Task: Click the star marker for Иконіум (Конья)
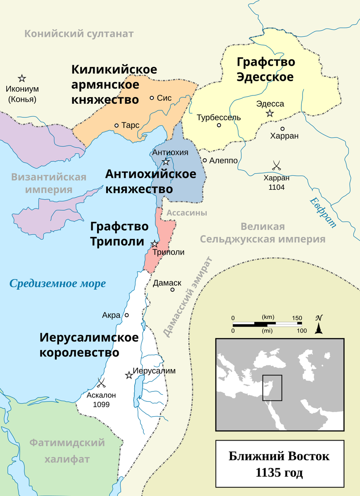pos(22,78)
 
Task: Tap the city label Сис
pos(164,98)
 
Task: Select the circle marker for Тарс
pos(117,125)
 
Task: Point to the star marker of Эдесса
pos(270,113)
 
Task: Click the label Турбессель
pos(219,117)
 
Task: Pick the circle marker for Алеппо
pos(205,160)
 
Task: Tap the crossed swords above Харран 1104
pos(277,166)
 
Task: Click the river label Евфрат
pos(323,212)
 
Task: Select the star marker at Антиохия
pos(166,162)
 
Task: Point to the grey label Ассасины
pos(187,213)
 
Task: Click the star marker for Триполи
pos(155,244)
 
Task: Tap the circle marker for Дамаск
pos(173,290)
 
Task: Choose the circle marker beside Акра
pos(127,315)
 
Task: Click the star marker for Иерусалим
pos(129,375)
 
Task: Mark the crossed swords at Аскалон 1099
pos(101,383)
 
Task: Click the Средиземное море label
pos(58,284)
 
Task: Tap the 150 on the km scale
pos(297,318)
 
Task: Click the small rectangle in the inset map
pos(272,388)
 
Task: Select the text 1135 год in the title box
pos(279,472)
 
